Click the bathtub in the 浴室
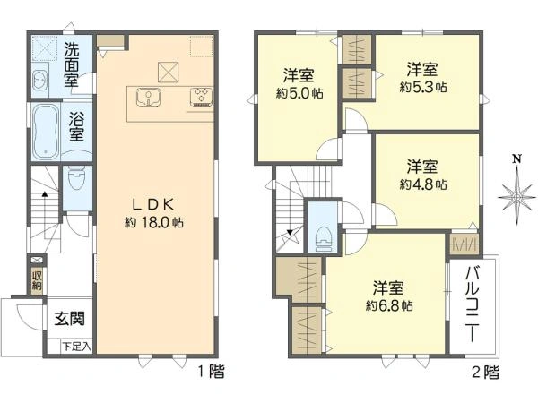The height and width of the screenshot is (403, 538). click(47, 131)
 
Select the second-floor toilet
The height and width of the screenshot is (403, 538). click(323, 235)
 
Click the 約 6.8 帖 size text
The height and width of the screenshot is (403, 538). click(389, 305)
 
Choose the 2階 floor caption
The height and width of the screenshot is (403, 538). click(485, 370)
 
